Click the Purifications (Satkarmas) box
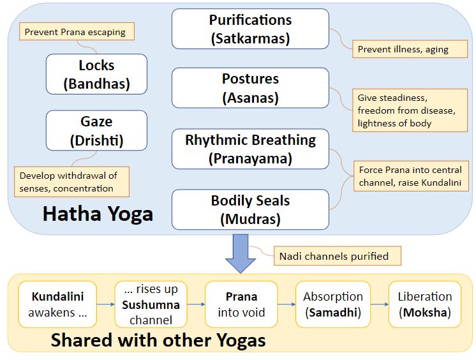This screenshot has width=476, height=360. coord(250,29)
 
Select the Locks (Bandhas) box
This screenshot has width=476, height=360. coord(96,74)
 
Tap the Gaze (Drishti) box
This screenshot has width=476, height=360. coord(96,130)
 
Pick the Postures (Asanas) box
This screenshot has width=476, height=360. coord(250,88)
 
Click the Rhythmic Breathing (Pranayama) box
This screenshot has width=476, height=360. coord(250,149)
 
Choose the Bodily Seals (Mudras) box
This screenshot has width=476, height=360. coord(250,210)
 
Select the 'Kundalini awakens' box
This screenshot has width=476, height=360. coord(58,304)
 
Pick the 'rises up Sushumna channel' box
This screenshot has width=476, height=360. coord(151,304)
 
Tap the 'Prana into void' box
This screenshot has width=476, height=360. coord(241,304)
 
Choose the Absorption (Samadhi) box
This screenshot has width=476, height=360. coord(332,304)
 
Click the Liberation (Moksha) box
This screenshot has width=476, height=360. coord(424,304)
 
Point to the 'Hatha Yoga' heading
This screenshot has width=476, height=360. coord(98,213)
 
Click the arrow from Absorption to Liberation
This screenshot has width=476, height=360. coord(378,304)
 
